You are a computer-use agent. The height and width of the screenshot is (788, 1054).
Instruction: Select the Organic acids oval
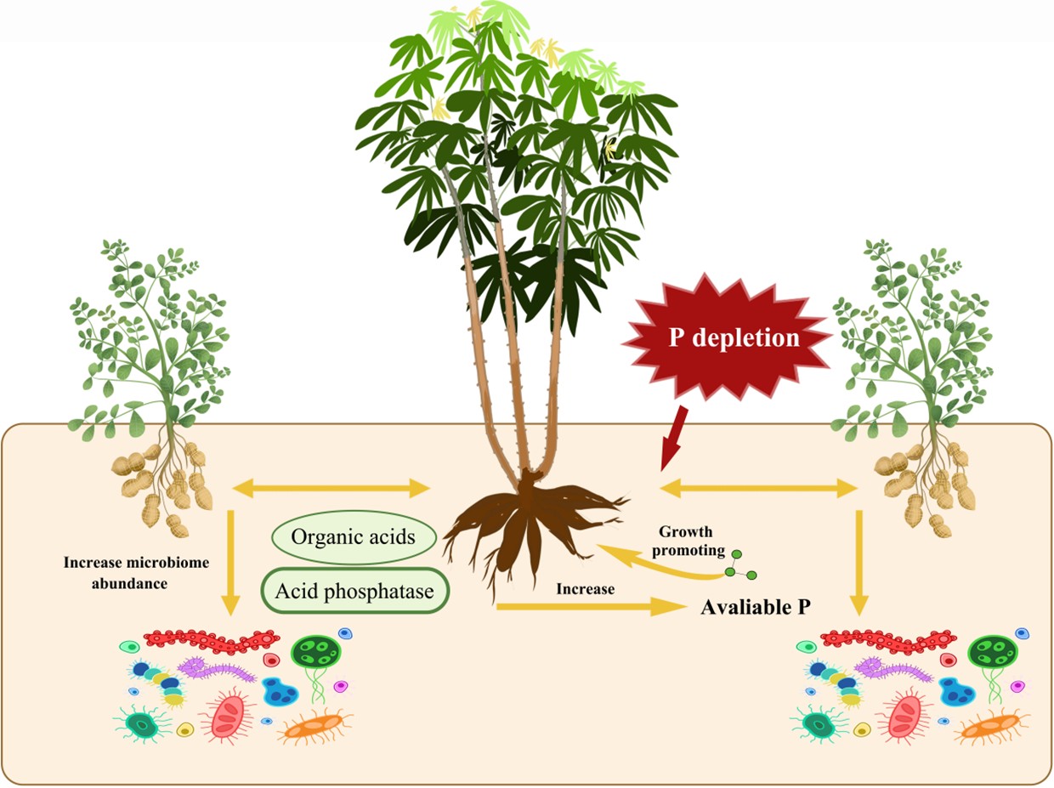(354, 537)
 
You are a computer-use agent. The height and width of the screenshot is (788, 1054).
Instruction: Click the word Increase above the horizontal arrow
(585, 588)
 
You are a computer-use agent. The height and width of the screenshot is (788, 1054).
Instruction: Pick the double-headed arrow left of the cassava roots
(332, 488)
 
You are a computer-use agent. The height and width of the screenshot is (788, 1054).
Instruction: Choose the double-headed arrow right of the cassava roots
(759, 488)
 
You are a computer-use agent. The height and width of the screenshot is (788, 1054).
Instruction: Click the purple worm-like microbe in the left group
(216, 670)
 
